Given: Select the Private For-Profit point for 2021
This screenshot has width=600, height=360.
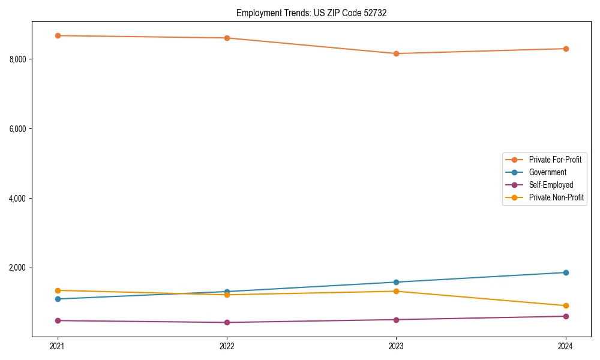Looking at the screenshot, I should click(x=58, y=35).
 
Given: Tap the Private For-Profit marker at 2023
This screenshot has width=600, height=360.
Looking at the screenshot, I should click(x=396, y=53).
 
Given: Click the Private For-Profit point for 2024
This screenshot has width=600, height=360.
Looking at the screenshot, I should click(x=566, y=49).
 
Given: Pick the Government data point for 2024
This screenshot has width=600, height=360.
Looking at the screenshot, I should click(x=566, y=272).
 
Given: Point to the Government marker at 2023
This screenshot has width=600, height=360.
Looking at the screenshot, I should click(x=396, y=282).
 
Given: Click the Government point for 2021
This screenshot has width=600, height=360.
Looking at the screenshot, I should click(x=58, y=299).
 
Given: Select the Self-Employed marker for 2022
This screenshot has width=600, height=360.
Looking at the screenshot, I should click(x=227, y=322).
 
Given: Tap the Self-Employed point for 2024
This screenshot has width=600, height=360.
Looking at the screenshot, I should click(x=566, y=316).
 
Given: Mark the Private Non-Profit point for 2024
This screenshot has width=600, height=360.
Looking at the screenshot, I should click(x=566, y=305).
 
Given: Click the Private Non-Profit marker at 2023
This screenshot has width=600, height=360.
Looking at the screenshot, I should click(x=396, y=291).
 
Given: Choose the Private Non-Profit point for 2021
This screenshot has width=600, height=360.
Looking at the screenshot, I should click(x=58, y=290).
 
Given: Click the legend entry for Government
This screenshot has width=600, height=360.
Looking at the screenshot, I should click(x=547, y=172).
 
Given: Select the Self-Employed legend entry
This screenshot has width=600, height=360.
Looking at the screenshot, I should click(x=551, y=185).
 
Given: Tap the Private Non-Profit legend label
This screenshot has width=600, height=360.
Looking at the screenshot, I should click(x=556, y=197).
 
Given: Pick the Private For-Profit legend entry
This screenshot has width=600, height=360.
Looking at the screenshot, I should click(x=555, y=160).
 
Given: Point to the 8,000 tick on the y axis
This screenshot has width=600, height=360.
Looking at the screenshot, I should click(x=17, y=59).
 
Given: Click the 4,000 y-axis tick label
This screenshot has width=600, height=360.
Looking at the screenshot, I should click(x=17, y=198).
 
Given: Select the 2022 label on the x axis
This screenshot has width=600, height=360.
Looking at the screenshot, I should click(x=227, y=346).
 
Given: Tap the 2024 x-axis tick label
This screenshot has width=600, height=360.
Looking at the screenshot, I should click(x=566, y=346).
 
